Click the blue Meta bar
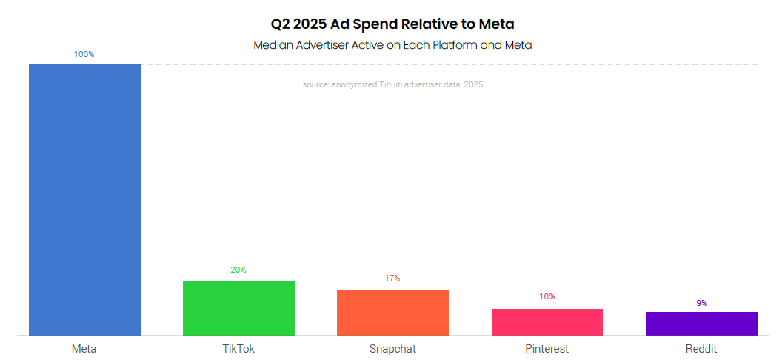coord(84,200)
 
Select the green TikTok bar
coord(238,309)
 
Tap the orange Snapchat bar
coord(392,313)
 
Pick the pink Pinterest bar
coord(547,322)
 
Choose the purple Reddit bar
coord(701,324)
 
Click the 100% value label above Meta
coord(84,55)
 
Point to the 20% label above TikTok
coord(238,270)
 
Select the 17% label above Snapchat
coord(392,278)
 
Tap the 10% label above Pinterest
coord(547,296)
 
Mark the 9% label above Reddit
coord(701,303)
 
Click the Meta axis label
coord(84,348)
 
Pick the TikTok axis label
coord(238,348)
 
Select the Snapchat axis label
coord(392,348)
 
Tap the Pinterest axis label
coord(547,348)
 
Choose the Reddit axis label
coord(701,348)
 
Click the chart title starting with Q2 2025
coord(392,24)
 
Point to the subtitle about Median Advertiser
coord(392,45)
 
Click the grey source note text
coord(392,85)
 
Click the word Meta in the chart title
coord(495,24)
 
